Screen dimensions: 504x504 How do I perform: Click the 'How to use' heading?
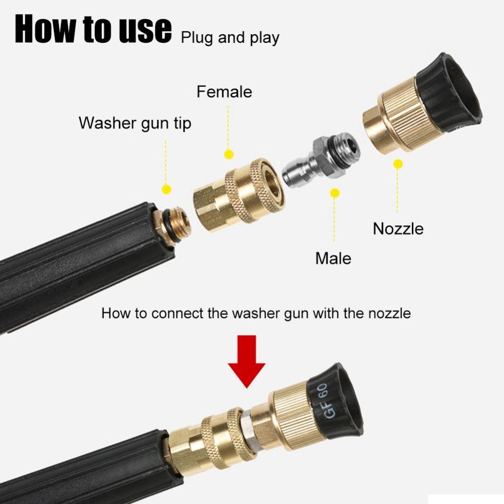coord(93,29)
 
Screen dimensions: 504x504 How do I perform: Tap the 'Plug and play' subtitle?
coord(230,38)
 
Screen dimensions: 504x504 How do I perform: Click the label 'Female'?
coord(224,92)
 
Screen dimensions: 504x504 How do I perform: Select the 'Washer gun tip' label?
coord(135,123)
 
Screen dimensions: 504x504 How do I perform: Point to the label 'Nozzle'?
coord(398,228)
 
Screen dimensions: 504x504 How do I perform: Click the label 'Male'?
coord(333,258)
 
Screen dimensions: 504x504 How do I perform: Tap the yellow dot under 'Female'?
coord(229,155)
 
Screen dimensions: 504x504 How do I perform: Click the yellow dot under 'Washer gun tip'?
coord(166,190)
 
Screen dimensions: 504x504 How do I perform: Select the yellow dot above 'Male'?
coord(334,193)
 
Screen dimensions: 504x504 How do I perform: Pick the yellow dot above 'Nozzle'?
coord(398,164)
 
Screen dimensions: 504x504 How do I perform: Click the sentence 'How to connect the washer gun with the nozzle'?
coord(256,313)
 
